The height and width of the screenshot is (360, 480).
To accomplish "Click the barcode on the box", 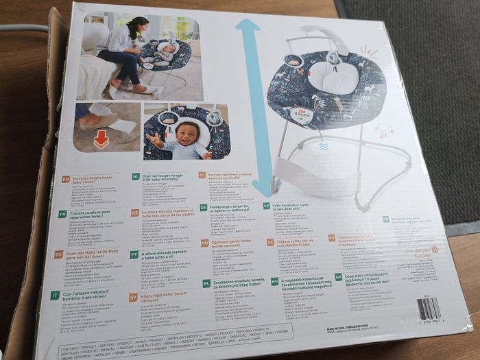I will [x=429, y=309].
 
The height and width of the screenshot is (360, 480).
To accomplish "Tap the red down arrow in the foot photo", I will [x=101, y=139].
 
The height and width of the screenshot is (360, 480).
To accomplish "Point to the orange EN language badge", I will [x=66, y=180].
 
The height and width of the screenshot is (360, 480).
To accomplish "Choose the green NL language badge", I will [x=136, y=177].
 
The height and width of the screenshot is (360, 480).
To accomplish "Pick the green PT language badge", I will [x=134, y=254].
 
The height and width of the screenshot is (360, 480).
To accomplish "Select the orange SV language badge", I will [x=133, y=297].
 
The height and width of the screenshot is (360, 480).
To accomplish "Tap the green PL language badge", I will [x=206, y=283].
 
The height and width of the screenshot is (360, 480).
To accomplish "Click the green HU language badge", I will [x=275, y=281].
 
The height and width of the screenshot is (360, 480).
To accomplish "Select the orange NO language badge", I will [x=204, y=243].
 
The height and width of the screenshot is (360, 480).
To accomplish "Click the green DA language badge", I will [x=204, y=207].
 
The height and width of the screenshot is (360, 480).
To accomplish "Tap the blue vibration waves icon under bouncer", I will [x=323, y=146].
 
